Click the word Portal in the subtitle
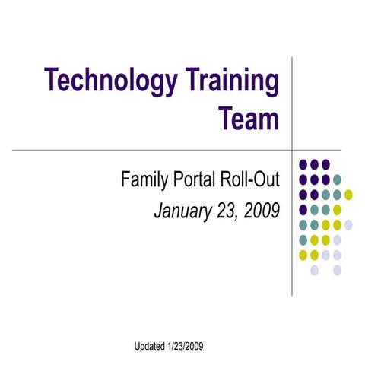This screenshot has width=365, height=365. (197, 180)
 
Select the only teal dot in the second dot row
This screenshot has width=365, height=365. (337, 179)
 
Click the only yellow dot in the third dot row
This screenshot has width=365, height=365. (348, 195)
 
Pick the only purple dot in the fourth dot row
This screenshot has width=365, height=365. (303, 209)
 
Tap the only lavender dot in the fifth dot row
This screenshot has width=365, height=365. (348, 224)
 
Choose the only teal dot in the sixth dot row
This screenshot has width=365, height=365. (303, 240)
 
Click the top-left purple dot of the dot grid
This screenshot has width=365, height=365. (303, 164)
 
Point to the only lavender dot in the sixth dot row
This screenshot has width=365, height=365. (337, 240)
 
